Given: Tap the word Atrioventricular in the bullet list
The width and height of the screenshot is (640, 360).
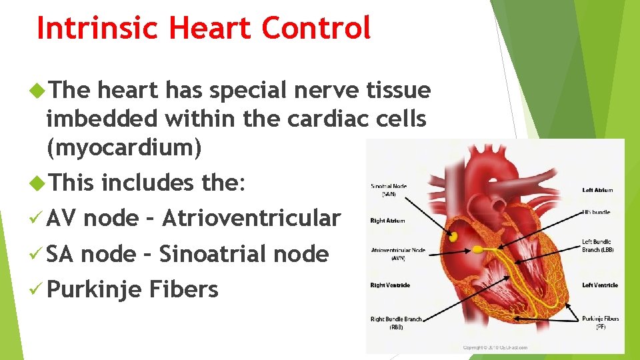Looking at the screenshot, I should [x=251, y=218].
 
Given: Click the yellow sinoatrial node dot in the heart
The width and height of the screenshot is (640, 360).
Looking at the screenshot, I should [x=453, y=236].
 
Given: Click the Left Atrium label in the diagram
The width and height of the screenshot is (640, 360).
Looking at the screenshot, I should [x=597, y=190].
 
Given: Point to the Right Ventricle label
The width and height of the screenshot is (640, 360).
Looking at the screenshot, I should [x=390, y=285].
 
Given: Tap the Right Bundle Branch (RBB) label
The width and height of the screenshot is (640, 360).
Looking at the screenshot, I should [x=396, y=323].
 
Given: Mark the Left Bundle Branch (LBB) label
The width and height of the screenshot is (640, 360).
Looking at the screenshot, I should [x=598, y=245].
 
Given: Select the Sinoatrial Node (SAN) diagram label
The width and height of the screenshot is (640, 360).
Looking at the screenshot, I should [x=389, y=190].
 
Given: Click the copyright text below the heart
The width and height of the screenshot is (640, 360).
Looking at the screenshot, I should [x=495, y=347].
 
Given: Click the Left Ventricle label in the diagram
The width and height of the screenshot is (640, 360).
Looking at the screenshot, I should [x=599, y=285].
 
